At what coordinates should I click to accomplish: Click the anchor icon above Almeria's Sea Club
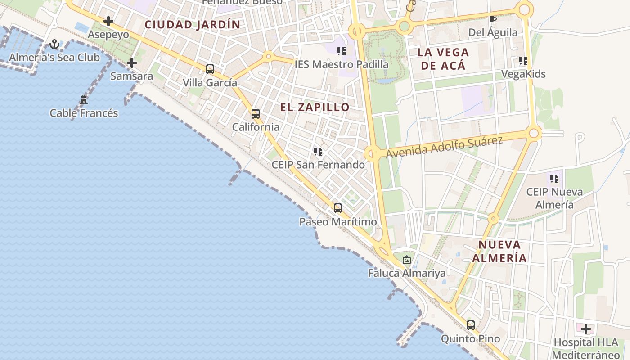pyautogui.click(x=54, y=44)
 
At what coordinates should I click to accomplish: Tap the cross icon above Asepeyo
pyautogui.click(x=108, y=21)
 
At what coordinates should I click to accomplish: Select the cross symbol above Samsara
pyautogui.click(x=131, y=63)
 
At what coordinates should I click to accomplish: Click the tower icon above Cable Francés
pyautogui.click(x=84, y=99)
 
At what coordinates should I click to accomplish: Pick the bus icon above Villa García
pyautogui.click(x=210, y=69)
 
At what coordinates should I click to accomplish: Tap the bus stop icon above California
pyautogui.click(x=256, y=114)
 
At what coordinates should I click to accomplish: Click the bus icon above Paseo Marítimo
pyautogui.click(x=338, y=208)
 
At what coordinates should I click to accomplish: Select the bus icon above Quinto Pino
pyautogui.click(x=471, y=325)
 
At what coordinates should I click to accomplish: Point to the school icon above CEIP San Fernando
pyautogui.click(x=318, y=152)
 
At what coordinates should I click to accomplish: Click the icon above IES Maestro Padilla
pyautogui.click(x=342, y=51)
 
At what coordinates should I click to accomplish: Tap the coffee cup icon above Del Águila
pyautogui.click(x=493, y=19)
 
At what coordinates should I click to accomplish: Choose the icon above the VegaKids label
pyautogui.click(x=523, y=61)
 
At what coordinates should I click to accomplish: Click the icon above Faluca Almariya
pyautogui.click(x=407, y=260)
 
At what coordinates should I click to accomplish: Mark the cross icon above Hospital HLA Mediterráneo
pyautogui.click(x=586, y=329)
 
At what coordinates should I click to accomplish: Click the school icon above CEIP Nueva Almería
pyautogui.click(x=554, y=179)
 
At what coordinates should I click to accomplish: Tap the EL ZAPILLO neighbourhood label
pyautogui.click(x=315, y=107)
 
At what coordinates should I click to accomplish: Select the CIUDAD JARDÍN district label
pyautogui.click(x=193, y=25)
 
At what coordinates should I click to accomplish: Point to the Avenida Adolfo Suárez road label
pyautogui.click(x=444, y=147)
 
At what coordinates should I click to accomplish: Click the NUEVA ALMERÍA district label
pyautogui.click(x=499, y=252)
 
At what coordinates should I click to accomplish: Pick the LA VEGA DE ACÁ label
pyautogui.click(x=443, y=59)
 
